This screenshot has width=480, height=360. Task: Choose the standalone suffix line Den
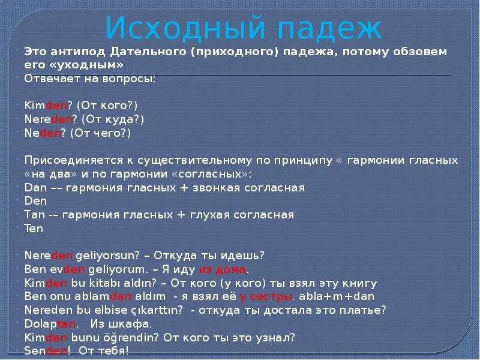pyautogui.click(x=35, y=202)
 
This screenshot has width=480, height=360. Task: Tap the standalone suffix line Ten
pyautogui.click(x=34, y=229)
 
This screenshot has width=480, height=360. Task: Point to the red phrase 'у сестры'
pyautogui.click(x=266, y=296)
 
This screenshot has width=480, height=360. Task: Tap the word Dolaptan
pyautogui.click(x=50, y=324)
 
